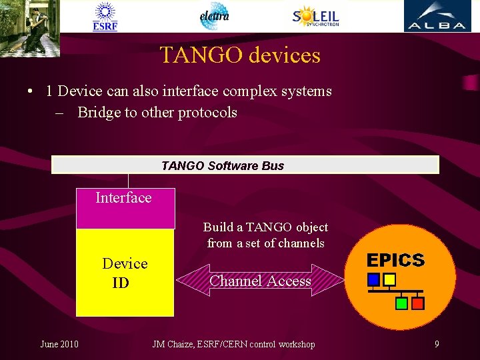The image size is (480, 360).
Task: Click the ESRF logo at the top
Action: [105, 16]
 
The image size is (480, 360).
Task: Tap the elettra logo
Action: [214, 16]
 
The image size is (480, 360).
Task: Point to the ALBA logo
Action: [437, 16]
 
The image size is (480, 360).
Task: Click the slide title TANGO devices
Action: [240, 55]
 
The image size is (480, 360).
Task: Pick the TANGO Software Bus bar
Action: [245, 165]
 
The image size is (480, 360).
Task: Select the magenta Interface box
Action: [125, 208]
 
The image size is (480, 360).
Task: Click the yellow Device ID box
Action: [125, 273]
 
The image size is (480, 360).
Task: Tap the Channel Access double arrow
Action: [260, 281]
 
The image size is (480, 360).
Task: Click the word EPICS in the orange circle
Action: [395, 260]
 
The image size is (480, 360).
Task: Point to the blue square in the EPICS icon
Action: [374, 279]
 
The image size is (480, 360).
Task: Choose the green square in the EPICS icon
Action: [401, 303]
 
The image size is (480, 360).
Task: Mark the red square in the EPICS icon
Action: [418, 303]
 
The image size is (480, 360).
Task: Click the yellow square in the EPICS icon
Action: [389, 279]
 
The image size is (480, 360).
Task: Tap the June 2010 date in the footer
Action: [59, 344]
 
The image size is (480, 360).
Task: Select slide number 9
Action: [437, 344]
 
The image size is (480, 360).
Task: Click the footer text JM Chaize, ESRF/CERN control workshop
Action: [233, 344]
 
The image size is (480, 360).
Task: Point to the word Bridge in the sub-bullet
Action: [97, 112]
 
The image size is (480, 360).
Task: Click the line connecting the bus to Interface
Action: [128, 181]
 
